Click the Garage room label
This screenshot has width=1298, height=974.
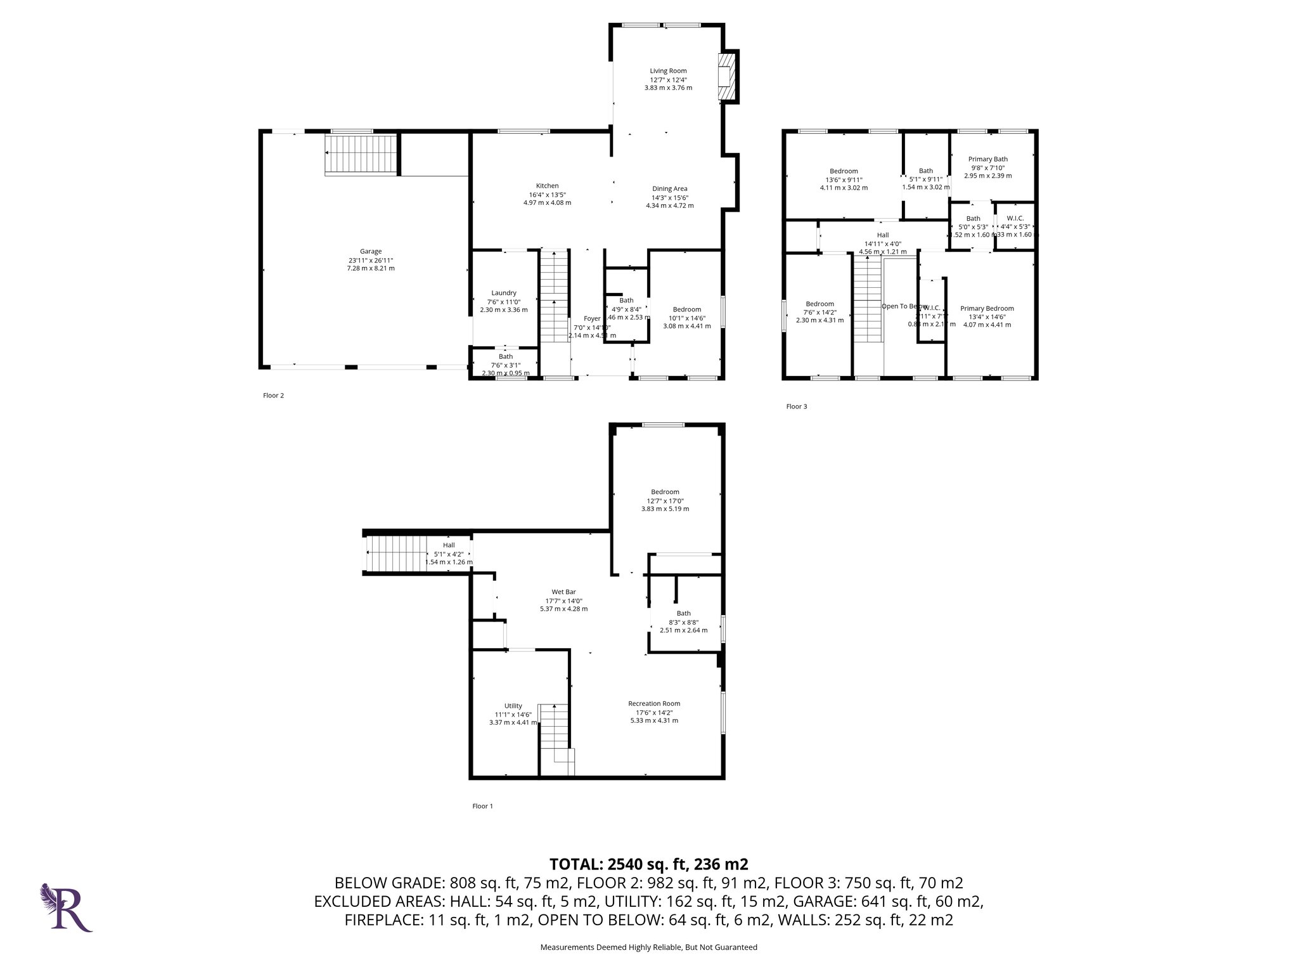coord(371,251)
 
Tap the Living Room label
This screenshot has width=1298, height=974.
coord(668,71)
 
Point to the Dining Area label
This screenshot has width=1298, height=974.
coord(670,188)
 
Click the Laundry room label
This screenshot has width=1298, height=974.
coord(504,293)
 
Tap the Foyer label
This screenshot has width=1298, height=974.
coord(592,318)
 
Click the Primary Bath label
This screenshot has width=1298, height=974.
coord(987,159)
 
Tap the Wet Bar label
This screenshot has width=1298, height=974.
coord(563,592)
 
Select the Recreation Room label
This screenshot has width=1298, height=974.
coord(654,703)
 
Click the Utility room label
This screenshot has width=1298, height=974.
coord(513,706)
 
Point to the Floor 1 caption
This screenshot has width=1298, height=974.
coord(482,806)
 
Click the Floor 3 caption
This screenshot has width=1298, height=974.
coord(797,406)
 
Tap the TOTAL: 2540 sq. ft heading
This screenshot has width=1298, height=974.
coord(648,864)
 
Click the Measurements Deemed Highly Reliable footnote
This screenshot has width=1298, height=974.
coord(648,947)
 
